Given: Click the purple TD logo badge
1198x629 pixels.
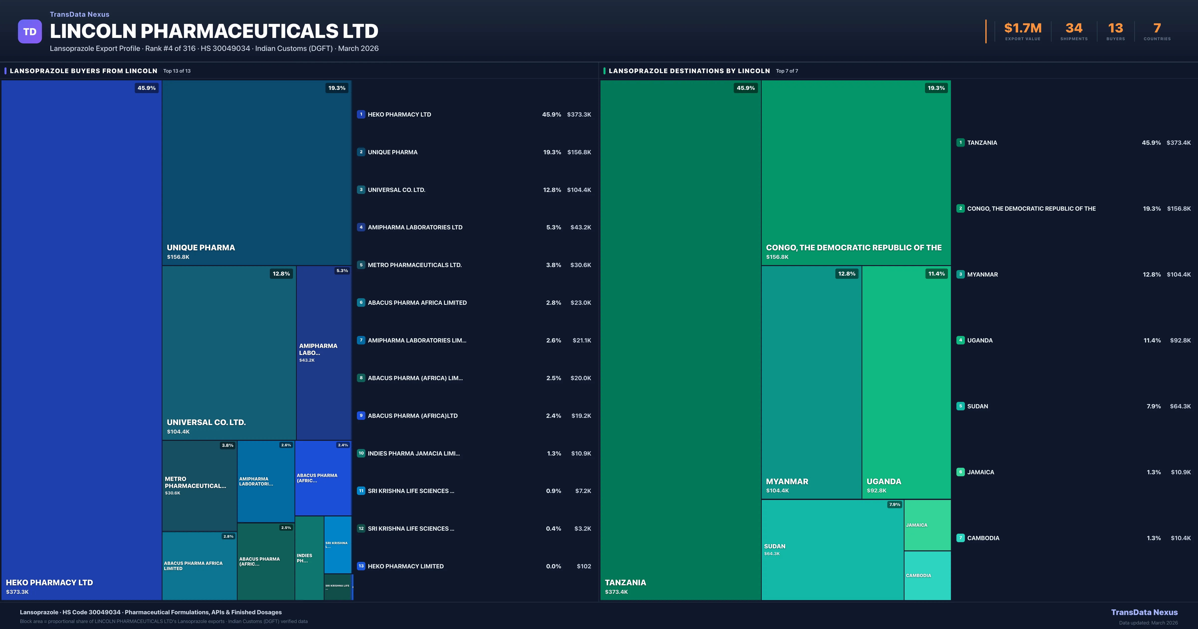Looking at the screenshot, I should (x=30, y=32).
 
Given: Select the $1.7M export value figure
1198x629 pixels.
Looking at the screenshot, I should (x=1023, y=28).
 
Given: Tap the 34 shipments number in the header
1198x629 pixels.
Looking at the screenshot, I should (x=1074, y=28).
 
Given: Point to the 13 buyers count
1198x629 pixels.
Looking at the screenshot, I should (x=1115, y=28).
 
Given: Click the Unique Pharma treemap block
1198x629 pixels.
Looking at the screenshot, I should (x=256, y=172).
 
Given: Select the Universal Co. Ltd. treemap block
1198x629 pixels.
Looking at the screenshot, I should (x=229, y=352).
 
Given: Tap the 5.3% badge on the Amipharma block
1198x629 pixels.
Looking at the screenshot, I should (x=342, y=271).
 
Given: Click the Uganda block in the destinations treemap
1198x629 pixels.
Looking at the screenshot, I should (x=906, y=381).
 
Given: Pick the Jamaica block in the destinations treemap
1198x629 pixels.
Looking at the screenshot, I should (x=927, y=525).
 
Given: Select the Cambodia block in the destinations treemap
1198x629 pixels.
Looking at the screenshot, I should (x=927, y=576).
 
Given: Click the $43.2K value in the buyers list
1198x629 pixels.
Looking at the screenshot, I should (x=580, y=227).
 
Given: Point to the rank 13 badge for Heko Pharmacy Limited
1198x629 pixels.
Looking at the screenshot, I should (x=361, y=566).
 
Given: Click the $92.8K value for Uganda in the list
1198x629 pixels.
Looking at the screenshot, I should (x=1180, y=340).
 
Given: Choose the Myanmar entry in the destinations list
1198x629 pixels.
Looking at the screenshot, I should (x=982, y=275).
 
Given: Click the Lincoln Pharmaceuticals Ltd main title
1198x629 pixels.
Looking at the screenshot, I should (x=214, y=31).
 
